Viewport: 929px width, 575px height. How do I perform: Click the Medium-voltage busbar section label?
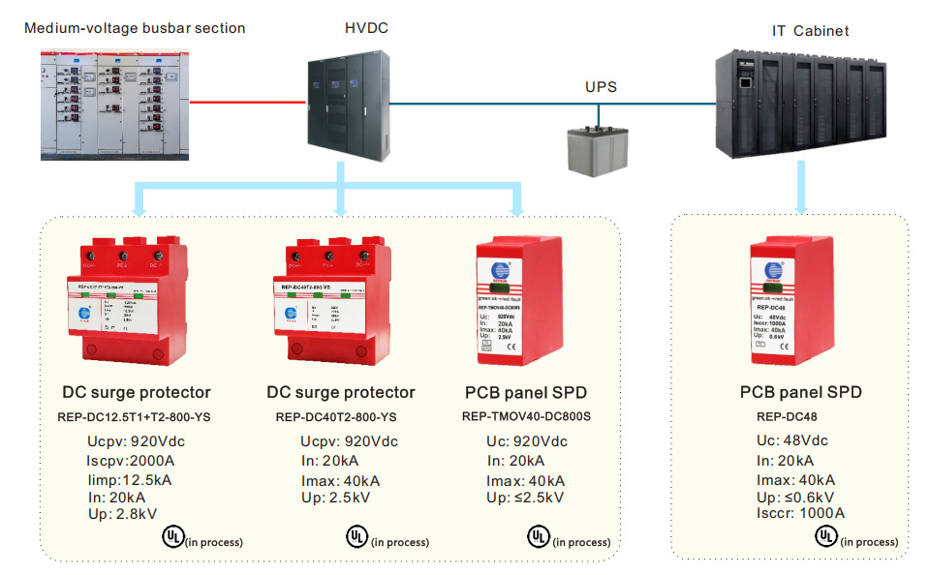click(x=135, y=28)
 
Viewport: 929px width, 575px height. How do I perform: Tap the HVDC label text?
click(x=366, y=28)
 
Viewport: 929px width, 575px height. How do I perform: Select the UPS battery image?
click(x=599, y=149)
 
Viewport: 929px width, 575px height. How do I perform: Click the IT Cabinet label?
click(x=810, y=31)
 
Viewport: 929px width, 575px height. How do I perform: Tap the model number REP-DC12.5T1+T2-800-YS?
click(x=137, y=418)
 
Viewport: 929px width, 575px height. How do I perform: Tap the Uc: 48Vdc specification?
click(x=792, y=441)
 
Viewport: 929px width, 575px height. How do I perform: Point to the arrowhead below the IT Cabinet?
click(x=801, y=206)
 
